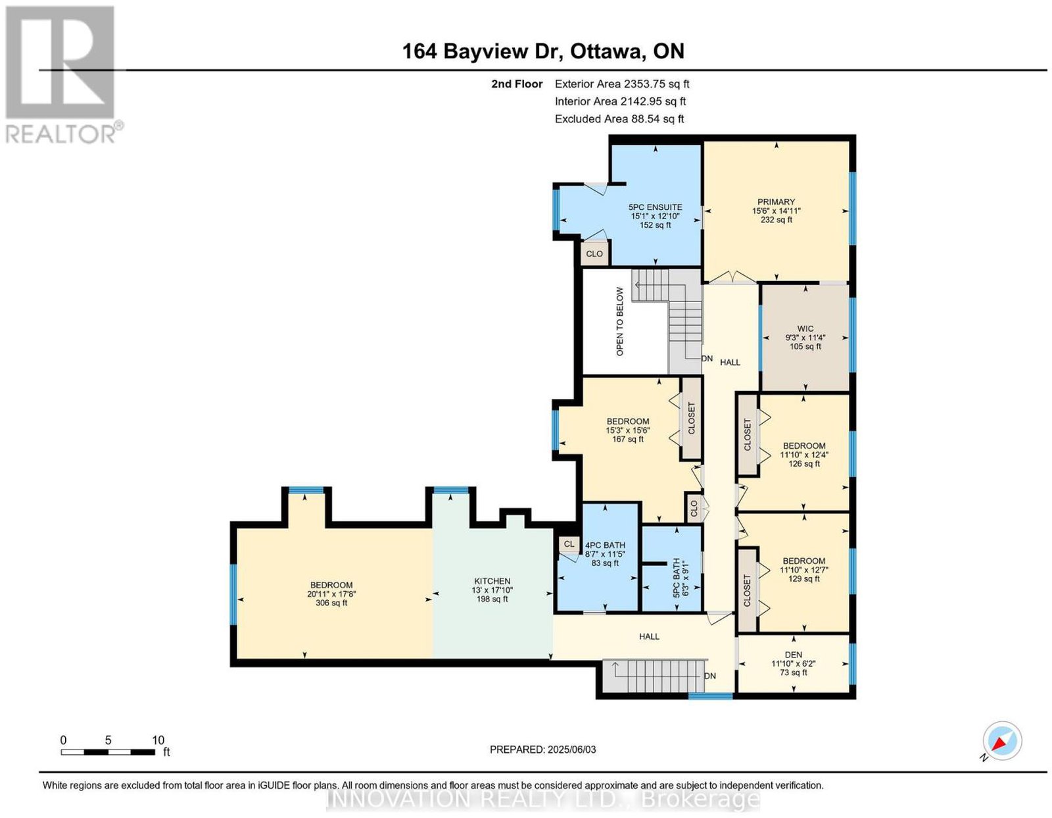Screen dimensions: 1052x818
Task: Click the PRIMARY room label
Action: coord(776,202)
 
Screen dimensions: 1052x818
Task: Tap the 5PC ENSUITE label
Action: coord(656,207)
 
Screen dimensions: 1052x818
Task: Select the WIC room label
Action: coord(805,329)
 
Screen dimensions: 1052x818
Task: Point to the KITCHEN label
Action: coord(492,581)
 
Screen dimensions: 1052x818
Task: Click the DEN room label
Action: coord(793,655)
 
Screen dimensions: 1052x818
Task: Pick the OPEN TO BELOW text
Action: coord(619,322)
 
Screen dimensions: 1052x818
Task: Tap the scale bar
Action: coord(107,752)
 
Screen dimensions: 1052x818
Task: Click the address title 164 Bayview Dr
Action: coord(482,51)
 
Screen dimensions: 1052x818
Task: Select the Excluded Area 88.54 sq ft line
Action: coord(619,118)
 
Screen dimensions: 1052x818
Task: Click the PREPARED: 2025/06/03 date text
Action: coord(542,750)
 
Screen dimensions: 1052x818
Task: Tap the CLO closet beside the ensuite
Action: coord(594,254)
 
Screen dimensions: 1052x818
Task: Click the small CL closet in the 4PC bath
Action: coord(569,544)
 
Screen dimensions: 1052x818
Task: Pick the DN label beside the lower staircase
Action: coord(709,676)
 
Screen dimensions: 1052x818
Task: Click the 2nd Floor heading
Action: coord(517,84)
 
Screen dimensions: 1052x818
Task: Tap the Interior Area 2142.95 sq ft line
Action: coord(620,101)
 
